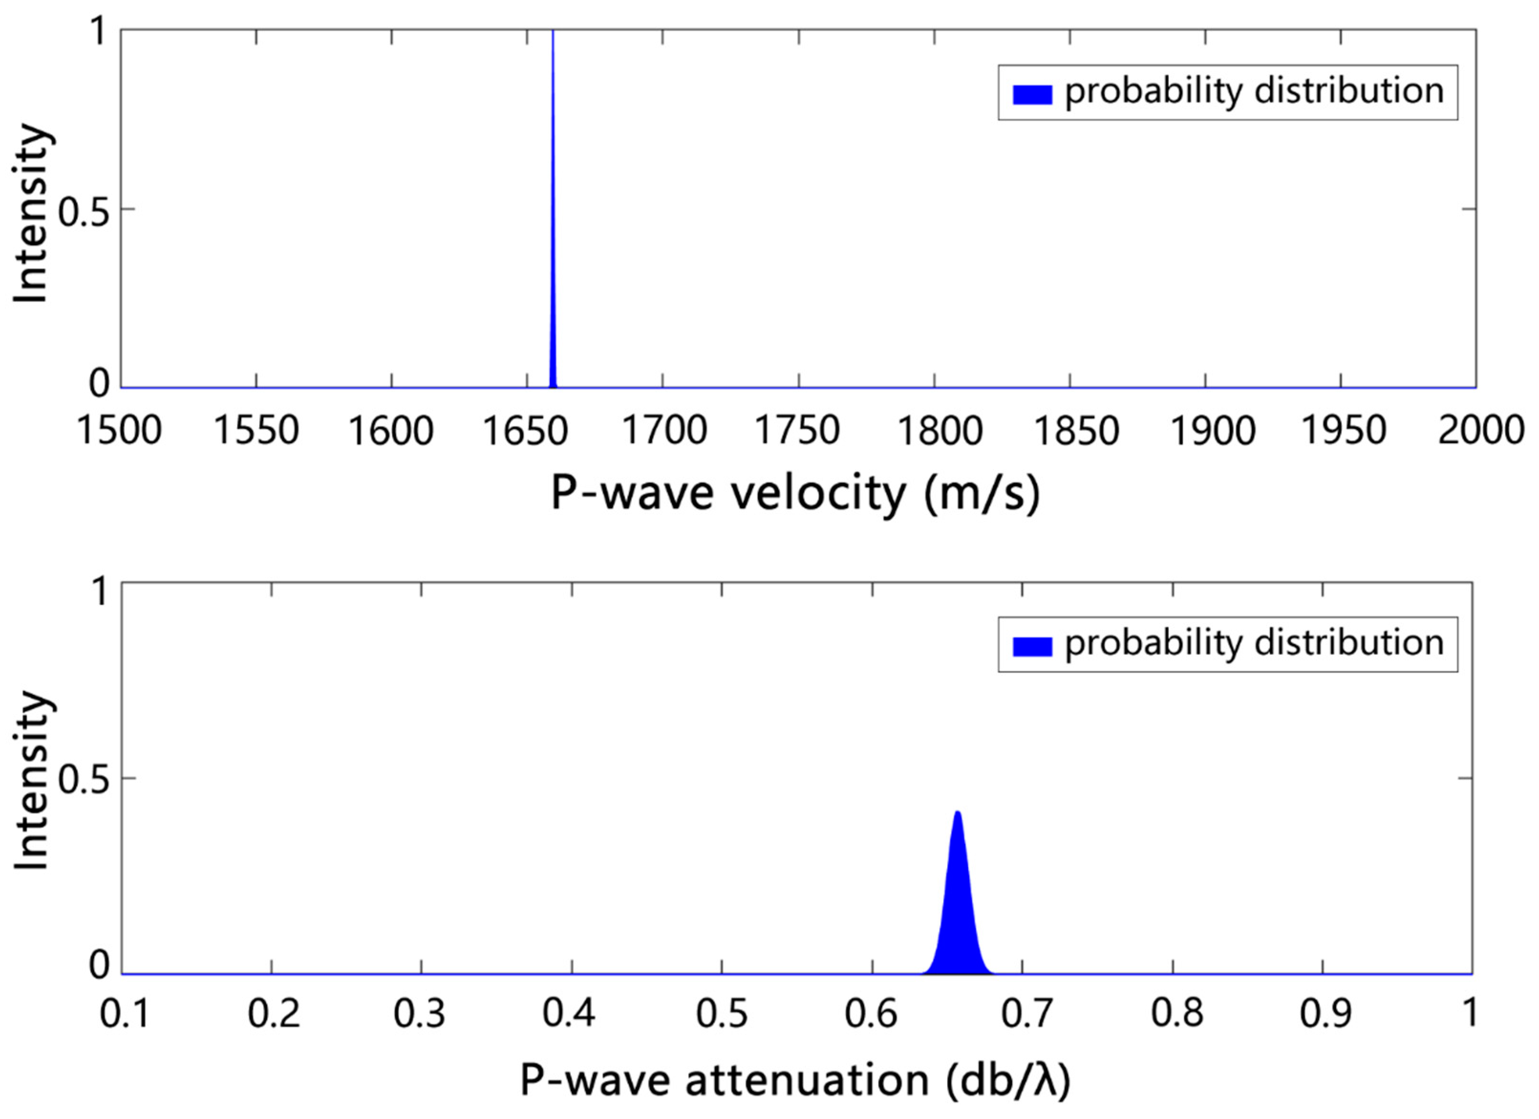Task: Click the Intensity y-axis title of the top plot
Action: tap(32, 214)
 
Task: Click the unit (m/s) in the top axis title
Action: tap(982, 494)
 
